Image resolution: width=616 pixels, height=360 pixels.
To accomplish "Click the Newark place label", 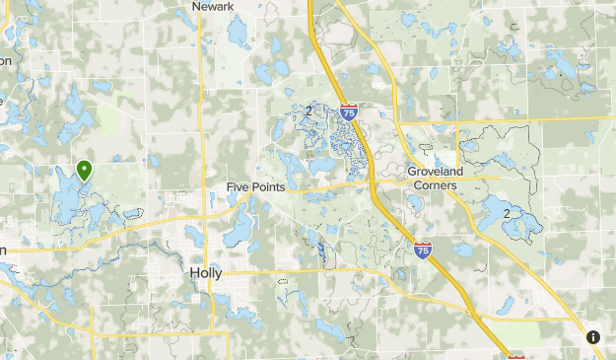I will coord(213,6).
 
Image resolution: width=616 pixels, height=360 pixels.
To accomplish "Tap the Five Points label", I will coord(255,186).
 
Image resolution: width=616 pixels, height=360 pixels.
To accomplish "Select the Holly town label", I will coord(205,273).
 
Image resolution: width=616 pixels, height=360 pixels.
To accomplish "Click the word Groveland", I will coord(436,171).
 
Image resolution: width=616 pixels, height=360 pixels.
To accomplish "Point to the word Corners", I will coord(436,184).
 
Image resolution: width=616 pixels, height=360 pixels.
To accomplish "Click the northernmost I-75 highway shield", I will coord(349,113).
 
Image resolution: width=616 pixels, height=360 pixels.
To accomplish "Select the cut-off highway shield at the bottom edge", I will coord(516,356).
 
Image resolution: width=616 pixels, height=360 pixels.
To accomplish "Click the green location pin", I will coord(85,172).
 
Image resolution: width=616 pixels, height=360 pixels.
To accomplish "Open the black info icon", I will coord(593,337).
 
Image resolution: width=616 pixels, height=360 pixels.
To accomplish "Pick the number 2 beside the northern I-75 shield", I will coord(309,110).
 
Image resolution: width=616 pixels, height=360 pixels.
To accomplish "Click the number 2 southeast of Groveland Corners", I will coord(507,213).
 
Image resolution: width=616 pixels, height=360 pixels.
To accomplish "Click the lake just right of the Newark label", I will coord(238,33).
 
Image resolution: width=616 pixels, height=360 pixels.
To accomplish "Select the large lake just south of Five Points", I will coord(240,228).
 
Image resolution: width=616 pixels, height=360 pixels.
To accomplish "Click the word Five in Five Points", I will coord(238,186).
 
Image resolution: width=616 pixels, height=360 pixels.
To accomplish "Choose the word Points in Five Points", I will coord(268,186).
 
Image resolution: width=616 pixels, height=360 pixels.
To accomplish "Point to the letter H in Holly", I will coord(192,273).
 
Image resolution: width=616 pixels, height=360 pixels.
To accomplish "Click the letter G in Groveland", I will coord(413,171).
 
